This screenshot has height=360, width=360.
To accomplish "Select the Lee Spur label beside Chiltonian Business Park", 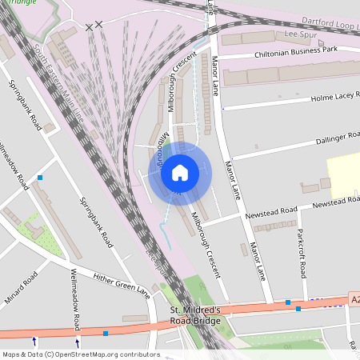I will pos(302,34).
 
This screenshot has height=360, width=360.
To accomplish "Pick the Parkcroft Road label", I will pos(302,254).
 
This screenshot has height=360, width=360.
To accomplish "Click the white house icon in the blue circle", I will pos(180,172).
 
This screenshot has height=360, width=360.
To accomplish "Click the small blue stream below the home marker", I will pos(166,237).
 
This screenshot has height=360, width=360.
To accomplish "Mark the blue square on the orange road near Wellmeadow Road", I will pos(106,333).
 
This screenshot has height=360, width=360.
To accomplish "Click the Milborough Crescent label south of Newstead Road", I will pos(205,244).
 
